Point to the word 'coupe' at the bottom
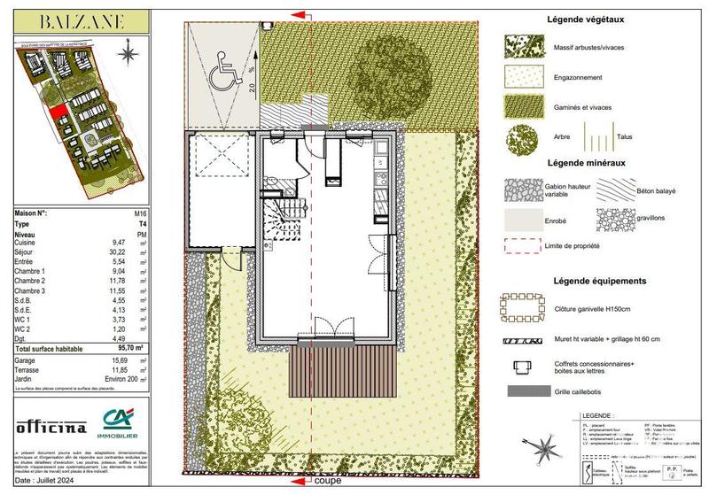327,483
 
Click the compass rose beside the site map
132,53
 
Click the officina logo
51,428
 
